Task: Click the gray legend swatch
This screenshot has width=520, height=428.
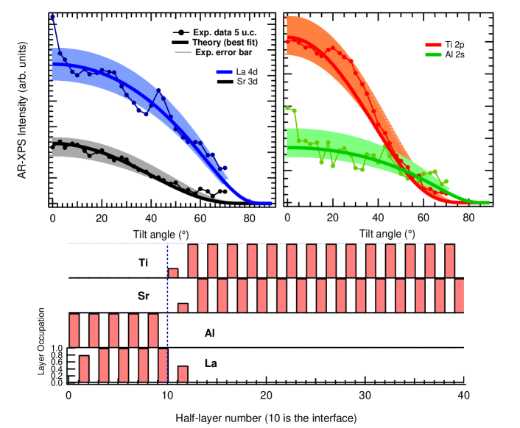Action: [x=183, y=53]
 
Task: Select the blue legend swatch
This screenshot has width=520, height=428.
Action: [x=225, y=72]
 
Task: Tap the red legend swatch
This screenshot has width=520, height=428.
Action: [x=433, y=45]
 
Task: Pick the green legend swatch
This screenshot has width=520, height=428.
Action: [x=433, y=55]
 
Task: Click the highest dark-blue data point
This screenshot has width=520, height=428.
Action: [x=53, y=16]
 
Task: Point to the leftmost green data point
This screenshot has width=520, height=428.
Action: [x=287, y=108]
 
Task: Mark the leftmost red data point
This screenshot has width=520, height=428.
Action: [x=287, y=42]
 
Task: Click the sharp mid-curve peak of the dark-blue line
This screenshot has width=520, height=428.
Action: [x=158, y=90]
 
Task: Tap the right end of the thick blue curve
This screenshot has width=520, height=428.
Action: [x=270, y=204]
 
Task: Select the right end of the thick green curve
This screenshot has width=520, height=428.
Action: [x=487, y=203]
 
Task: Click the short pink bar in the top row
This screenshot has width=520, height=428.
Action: [x=173, y=273]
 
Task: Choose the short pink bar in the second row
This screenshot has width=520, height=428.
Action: [x=183, y=307]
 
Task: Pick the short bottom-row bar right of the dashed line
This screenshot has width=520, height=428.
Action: [x=183, y=374]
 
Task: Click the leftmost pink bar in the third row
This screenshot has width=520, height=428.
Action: [x=74, y=330]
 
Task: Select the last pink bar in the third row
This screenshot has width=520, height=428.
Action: [x=153, y=330]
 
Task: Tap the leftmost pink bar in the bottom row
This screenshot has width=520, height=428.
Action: [x=84, y=368]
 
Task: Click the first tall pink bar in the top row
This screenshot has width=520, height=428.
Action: [x=193, y=260]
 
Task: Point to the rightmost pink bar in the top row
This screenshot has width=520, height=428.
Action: [x=450, y=260]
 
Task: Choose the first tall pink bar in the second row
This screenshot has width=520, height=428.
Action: [x=203, y=296]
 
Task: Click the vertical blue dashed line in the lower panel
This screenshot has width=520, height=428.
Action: [x=167, y=313]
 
